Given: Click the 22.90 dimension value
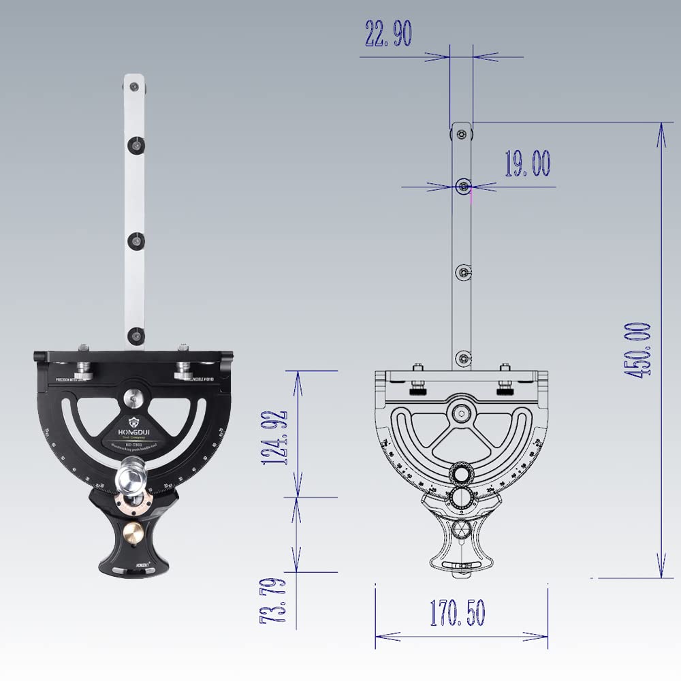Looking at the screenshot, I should coord(388,33).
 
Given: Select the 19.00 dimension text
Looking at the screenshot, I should coord(527,164).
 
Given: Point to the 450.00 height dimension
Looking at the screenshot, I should coord(640,350).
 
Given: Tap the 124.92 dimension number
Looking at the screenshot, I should coord(275,437).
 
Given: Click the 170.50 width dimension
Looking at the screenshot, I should coord(457,614).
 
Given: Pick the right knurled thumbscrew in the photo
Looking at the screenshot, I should coord(183,371).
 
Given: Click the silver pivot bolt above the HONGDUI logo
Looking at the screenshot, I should coord(133,396).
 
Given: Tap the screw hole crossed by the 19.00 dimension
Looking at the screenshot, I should coord(463,185).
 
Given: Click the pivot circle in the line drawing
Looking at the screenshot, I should coord(462,413).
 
